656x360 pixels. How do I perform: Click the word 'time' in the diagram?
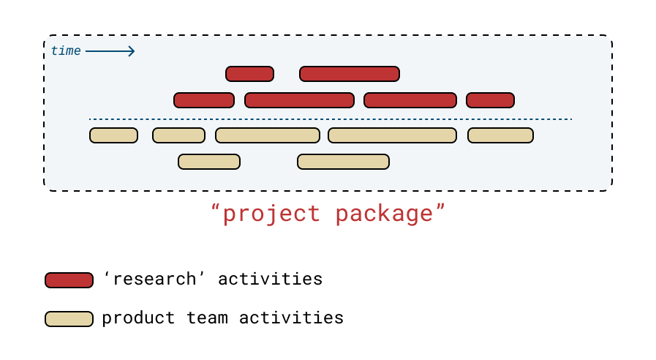tap(65, 51)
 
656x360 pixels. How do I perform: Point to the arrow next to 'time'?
tap(110, 51)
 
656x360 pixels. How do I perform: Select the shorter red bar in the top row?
tap(249, 74)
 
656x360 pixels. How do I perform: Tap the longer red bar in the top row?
tap(350, 74)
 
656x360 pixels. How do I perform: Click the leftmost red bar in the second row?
tap(204, 100)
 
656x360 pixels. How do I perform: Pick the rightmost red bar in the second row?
tap(490, 100)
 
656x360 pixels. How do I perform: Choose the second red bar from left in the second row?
tap(299, 100)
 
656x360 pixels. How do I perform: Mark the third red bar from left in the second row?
tap(410, 100)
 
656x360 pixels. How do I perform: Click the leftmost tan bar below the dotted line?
tap(113, 135)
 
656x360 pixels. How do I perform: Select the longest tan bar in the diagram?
tap(392, 135)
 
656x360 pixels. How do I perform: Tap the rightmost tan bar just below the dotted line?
tap(500, 135)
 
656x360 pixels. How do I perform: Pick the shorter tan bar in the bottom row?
tap(209, 162)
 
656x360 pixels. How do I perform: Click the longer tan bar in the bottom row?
tap(343, 162)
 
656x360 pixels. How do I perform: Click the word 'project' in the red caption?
tap(271, 214)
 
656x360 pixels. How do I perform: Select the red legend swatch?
tap(69, 280)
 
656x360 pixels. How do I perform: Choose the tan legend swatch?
tap(69, 319)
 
